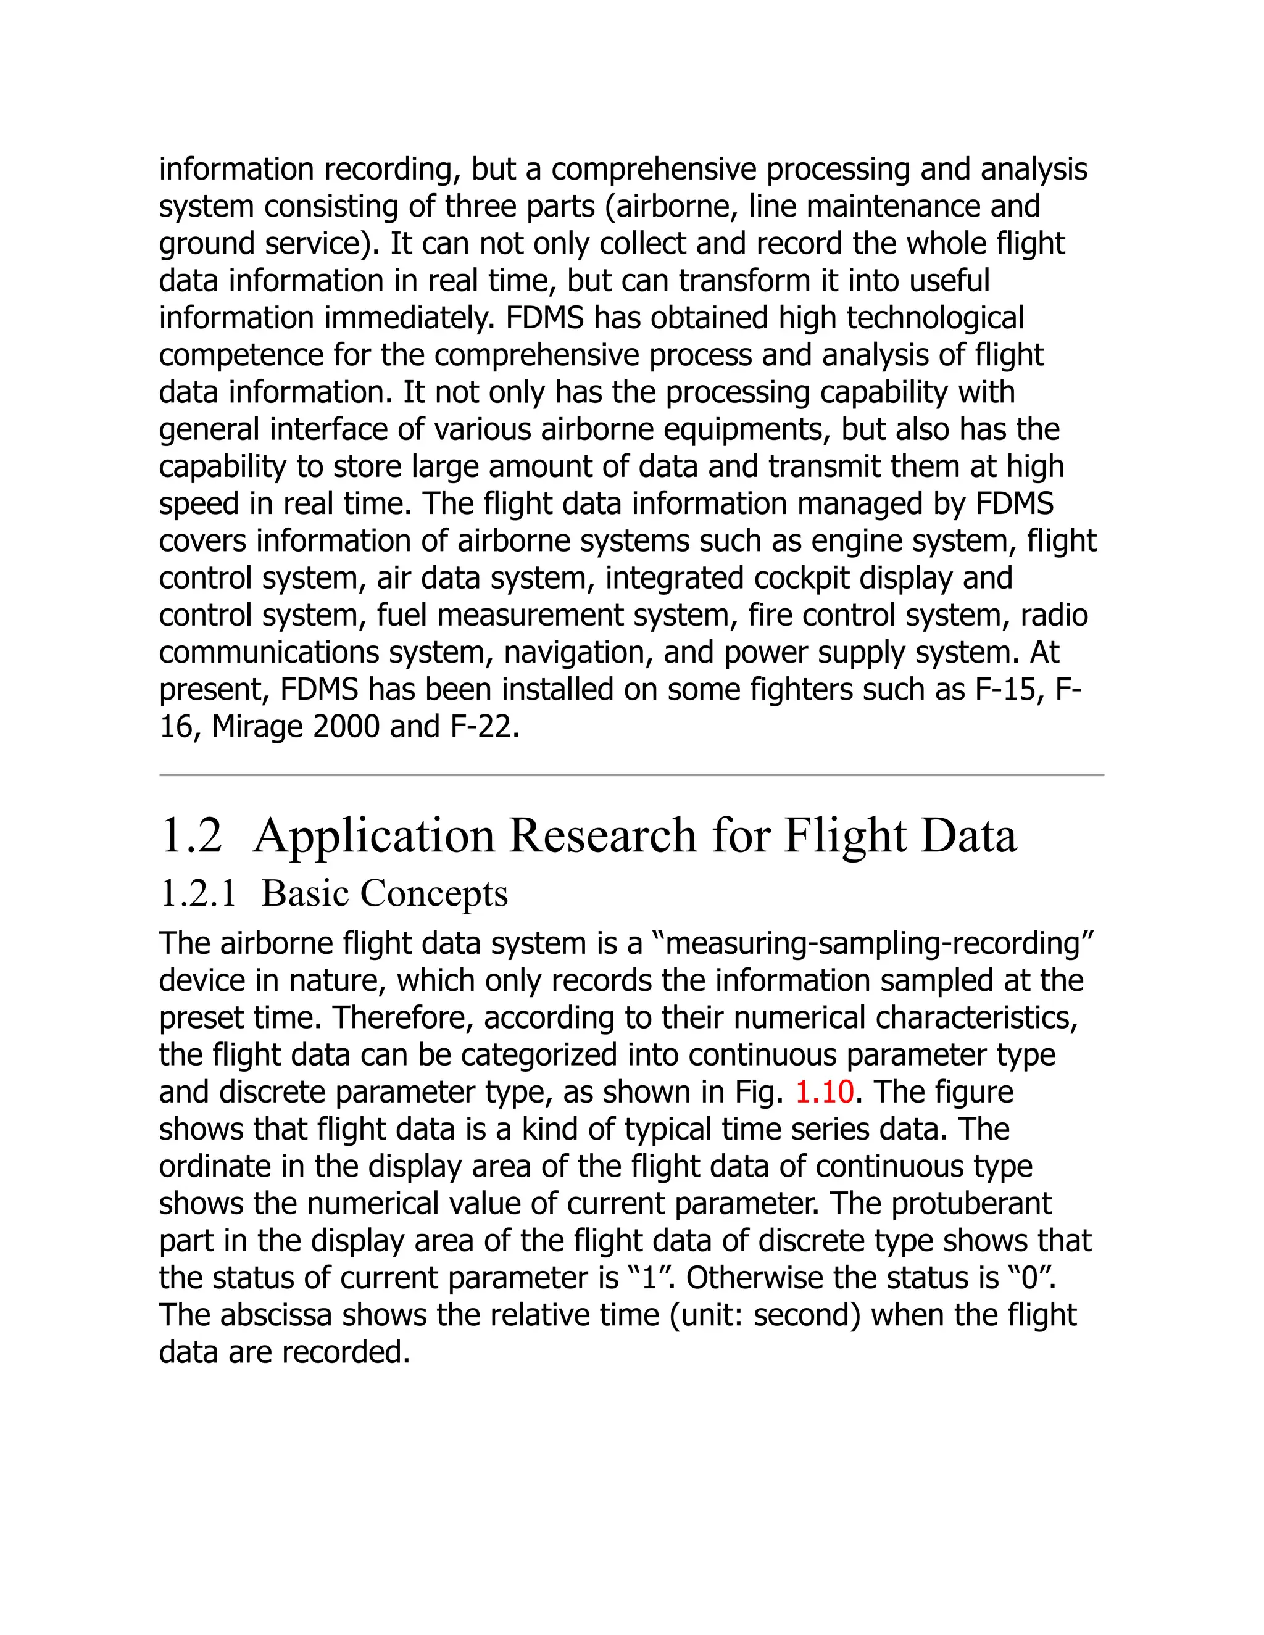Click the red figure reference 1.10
(x=824, y=1092)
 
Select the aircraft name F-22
(x=484, y=727)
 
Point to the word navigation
(x=572, y=653)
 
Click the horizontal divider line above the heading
(x=631, y=776)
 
